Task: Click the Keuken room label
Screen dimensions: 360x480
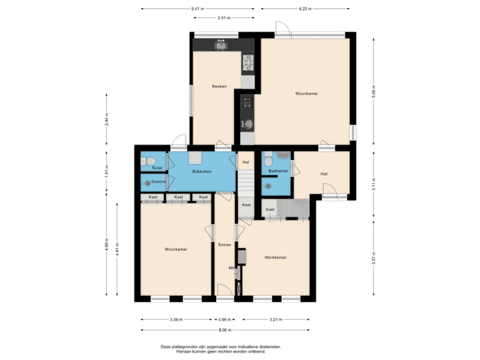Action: tap(219, 86)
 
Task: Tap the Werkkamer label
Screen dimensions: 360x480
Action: tap(275, 257)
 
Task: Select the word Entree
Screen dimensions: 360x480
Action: tap(225, 245)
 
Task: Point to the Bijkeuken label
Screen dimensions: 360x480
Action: tap(201, 172)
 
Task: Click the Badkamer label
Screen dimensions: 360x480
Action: tap(278, 171)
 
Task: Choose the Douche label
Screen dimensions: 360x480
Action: tap(159, 181)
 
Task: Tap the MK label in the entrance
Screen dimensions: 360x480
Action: tap(232, 268)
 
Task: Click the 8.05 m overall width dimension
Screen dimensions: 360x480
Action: tap(224, 329)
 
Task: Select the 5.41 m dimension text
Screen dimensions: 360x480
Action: tap(198, 9)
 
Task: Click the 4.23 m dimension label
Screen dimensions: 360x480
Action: tap(303, 9)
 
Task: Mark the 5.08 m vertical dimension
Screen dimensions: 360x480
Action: tap(374, 90)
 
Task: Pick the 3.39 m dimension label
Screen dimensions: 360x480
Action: tap(176, 319)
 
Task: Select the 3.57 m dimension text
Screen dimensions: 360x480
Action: tap(374, 257)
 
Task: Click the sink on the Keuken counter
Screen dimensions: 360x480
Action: tap(220, 45)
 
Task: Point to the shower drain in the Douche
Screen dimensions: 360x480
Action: tap(147, 183)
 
